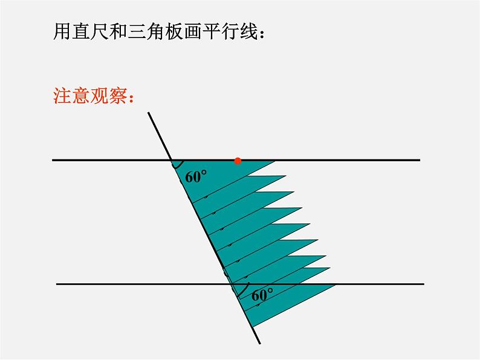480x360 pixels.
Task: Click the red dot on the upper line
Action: point(238,161)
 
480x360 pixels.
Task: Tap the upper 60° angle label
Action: point(196,176)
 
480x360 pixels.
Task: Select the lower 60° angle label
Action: point(262,295)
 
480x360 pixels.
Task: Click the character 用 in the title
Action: point(62,31)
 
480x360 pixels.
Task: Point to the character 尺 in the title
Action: point(100,31)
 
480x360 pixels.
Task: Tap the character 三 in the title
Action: point(137,31)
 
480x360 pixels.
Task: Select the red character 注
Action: point(62,95)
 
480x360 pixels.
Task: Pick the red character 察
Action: point(118,95)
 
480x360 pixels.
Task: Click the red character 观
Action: point(100,95)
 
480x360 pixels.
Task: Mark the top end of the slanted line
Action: point(149,112)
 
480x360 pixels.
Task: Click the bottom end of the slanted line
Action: point(260,344)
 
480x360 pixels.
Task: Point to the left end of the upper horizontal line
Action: point(53,160)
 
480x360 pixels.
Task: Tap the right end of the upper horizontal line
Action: point(420,160)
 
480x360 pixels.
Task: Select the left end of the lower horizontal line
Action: point(57,284)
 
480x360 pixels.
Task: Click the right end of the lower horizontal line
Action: point(424,284)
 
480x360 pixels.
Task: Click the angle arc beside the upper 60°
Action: point(179,166)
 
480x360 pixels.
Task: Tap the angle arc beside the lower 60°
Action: point(245,291)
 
